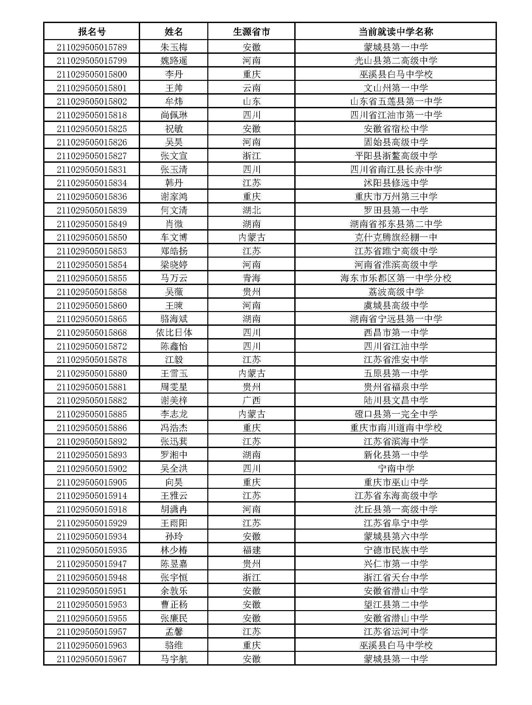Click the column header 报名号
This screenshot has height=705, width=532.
coord(92,32)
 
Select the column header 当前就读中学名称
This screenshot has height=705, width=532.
coord(396,32)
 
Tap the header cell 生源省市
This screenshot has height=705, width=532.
coord(251,32)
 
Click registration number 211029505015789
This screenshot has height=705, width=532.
coord(92,47)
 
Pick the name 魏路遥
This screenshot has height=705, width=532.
coord(174,61)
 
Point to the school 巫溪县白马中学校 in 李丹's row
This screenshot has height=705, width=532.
coord(396,74)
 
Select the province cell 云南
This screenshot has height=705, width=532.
coord(251,88)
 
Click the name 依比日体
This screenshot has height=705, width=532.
coord(174,332)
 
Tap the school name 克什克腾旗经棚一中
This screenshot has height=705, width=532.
coord(396,237)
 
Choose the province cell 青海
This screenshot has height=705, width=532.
coord(251,278)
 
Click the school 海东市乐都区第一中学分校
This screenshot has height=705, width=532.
coord(396,278)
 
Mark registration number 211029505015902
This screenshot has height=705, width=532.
coord(92,468)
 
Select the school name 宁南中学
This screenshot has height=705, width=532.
coord(396,468)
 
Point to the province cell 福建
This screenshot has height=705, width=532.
coord(251,550)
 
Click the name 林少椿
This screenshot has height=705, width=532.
coord(174,550)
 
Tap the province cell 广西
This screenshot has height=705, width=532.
coord(251,400)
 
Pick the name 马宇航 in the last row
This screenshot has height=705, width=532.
coord(174,659)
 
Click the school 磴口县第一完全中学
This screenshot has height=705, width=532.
coord(396,414)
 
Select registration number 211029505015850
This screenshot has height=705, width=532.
coord(92,237)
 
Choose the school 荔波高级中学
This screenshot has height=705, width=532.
coord(396,292)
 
